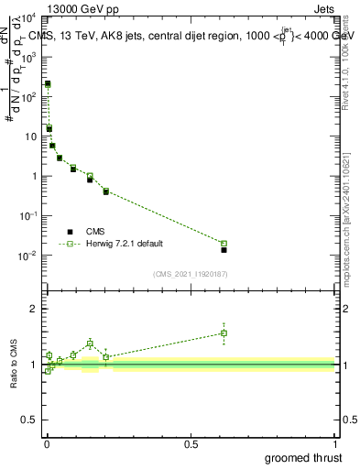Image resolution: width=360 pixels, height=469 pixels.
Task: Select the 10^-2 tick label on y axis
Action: click(29, 256)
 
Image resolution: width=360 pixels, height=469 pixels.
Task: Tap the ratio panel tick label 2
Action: click(33, 310)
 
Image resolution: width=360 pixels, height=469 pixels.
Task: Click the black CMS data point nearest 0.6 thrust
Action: click(224, 249)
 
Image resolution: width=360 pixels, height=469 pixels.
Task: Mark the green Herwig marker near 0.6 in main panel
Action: click(224, 244)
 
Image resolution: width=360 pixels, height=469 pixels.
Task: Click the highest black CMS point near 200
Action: click(48, 84)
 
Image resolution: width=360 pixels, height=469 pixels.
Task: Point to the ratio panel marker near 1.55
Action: click(224, 333)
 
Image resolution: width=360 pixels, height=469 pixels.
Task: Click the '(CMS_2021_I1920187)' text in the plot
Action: click(190, 273)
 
